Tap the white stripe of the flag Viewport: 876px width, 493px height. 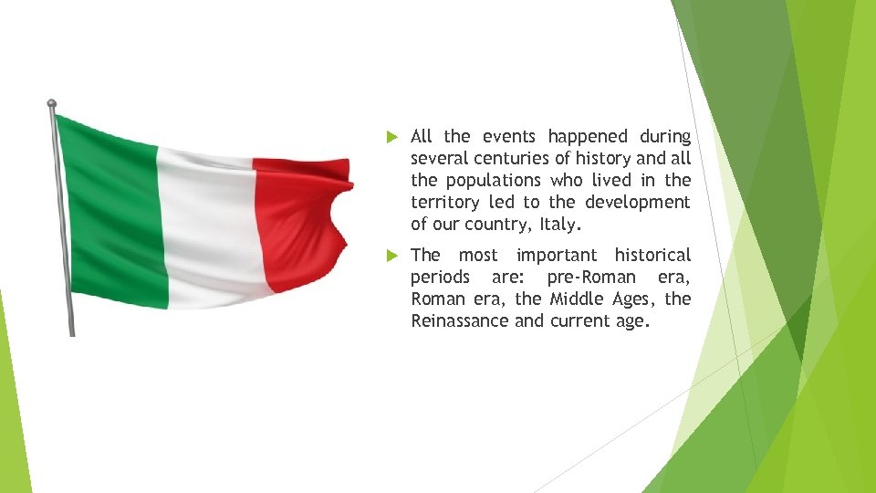pyautogui.click(x=205, y=228)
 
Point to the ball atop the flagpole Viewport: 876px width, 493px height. pyautogui.click(x=52, y=104)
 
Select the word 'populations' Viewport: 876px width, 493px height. pyautogui.click(x=495, y=181)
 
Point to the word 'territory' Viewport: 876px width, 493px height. pyautogui.click(x=444, y=203)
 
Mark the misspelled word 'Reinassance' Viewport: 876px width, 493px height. pyautogui.click(x=459, y=321)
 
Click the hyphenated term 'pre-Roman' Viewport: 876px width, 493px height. pyautogui.click(x=591, y=278)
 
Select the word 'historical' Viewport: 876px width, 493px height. pyautogui.click(x=652, y=256)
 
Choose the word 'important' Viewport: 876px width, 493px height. pyautogui.click(x=556, y=256)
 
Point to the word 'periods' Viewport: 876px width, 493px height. pyautogui.click(x=440, y=278)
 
